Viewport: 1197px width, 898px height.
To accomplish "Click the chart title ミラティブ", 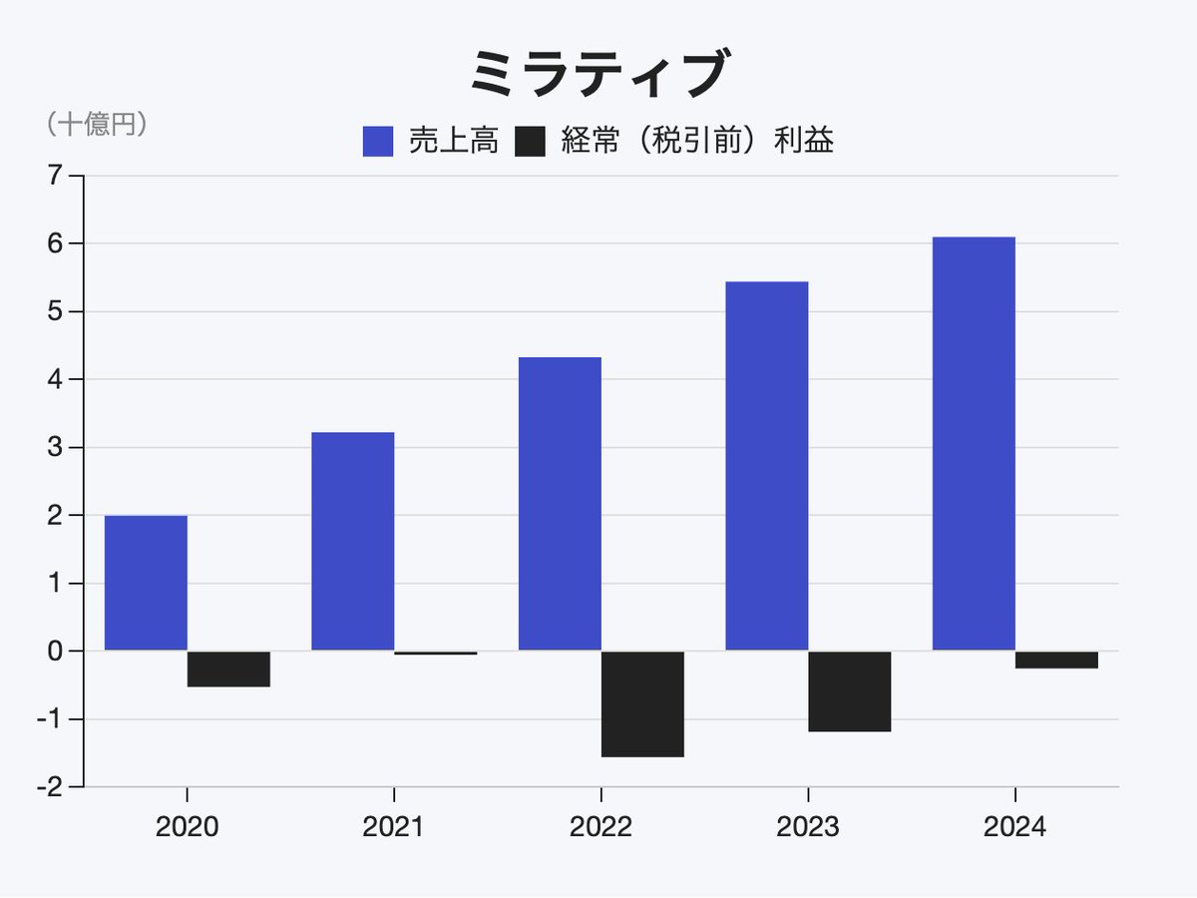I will pos(598,75).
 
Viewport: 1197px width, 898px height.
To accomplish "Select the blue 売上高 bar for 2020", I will pos(146,584).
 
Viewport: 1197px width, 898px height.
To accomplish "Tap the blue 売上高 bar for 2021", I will pos(352,542).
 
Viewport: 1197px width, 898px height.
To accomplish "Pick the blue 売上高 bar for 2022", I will pos(560,504).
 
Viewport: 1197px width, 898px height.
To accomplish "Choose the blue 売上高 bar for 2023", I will pos(766,466).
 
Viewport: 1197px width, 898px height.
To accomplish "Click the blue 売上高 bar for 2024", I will pos(974,444).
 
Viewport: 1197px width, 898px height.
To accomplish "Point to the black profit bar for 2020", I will pos(228,670).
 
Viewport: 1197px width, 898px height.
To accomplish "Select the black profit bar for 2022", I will pos(642,704).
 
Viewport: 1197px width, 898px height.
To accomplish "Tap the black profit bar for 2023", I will pos(849,691).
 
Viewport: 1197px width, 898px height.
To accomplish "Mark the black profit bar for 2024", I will pos(1056,660).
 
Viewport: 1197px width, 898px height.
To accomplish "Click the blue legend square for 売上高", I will pos(378,142).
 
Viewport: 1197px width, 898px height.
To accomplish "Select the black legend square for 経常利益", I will pos(530,142).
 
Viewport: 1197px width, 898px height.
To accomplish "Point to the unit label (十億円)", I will pos(96,124).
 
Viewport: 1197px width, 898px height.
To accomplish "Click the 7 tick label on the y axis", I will pos(53,176).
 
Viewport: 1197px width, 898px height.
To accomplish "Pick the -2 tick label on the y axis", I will pos(47,787).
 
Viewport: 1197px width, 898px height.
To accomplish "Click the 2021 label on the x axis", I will pos(393,827).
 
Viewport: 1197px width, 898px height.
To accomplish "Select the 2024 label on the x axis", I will pos(1014,827).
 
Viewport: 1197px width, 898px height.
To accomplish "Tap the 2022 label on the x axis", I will pos(600,827).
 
